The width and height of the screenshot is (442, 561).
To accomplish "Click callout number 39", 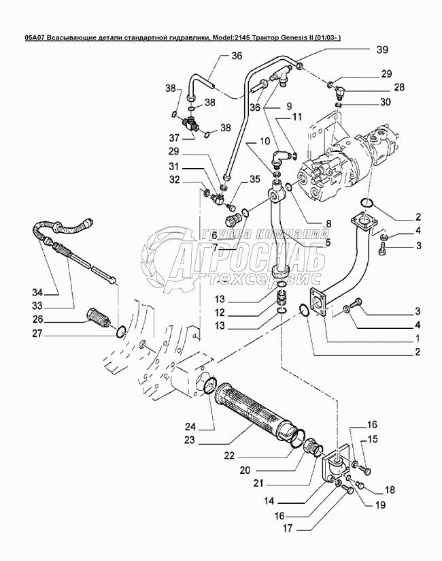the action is click(382, 50).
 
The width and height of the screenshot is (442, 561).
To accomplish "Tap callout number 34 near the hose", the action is click(37, 293).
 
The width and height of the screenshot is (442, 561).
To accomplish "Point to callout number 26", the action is click(37, 319).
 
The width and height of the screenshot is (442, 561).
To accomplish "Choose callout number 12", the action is click(220, 312).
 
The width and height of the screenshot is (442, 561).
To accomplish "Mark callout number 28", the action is click(398, 87).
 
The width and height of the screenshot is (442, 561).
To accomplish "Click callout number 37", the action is click(175, 138).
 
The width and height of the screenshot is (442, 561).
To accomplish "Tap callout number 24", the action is click(190, 426).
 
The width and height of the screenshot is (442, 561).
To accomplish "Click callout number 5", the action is click(328, 242).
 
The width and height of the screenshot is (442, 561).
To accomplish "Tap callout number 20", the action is click(245, 470).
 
